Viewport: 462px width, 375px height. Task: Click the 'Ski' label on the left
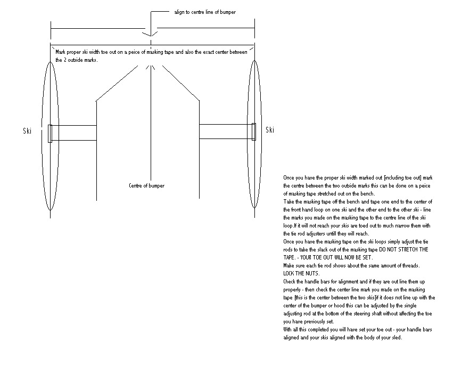pyautogui.click(x=28, y=131)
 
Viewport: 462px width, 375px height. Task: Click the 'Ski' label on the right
pyautogui.click(x=270, y=131)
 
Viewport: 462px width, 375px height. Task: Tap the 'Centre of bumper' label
pyautogui.click(x=146, y=186)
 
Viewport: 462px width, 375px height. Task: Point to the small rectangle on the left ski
pyautogui.click(x=50, y=133)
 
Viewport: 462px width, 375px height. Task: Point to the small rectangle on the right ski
pyautogui.click(x=254, y=132)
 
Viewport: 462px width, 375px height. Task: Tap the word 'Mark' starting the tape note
pyautogui.click(x=61, y=52)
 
